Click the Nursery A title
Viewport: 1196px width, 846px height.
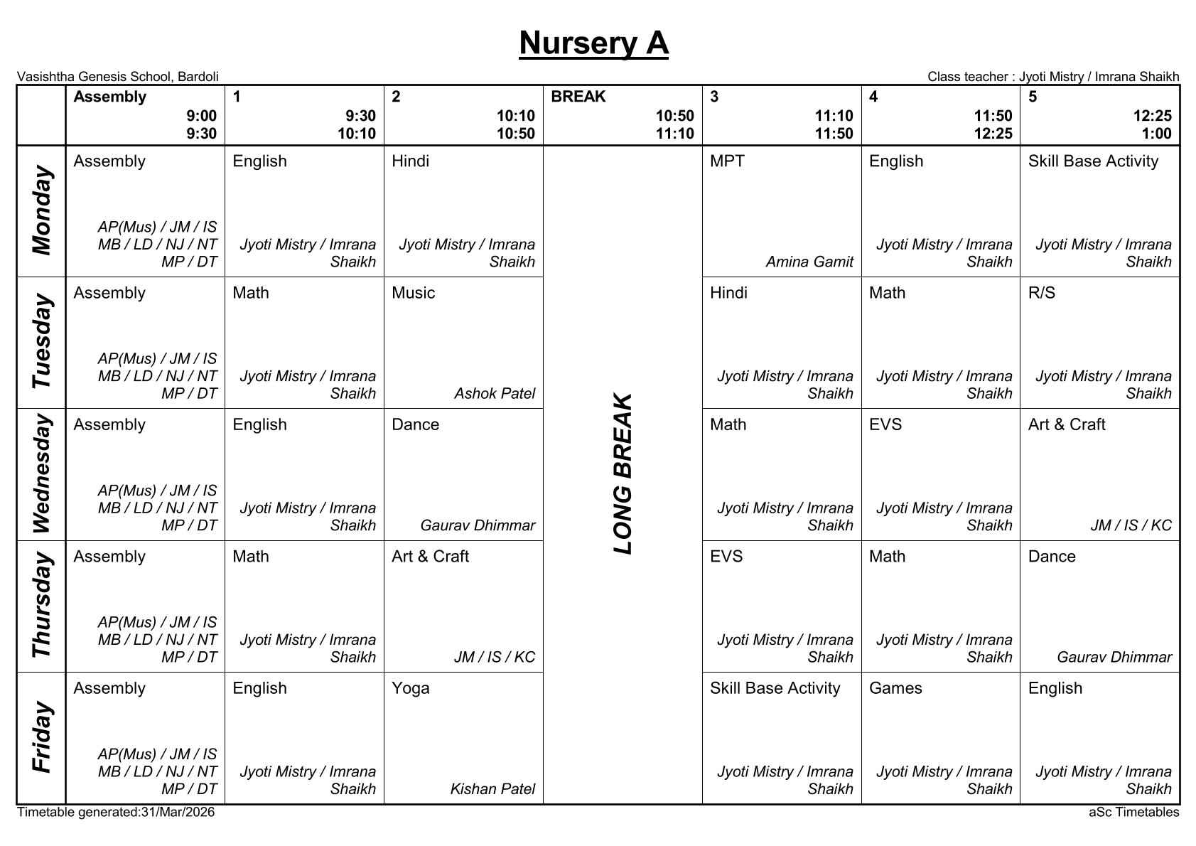pos(593,43)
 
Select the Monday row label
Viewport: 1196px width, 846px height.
pos(41,211)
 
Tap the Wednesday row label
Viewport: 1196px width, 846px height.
pos(41,474)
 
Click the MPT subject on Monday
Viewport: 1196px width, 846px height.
pos(727,161)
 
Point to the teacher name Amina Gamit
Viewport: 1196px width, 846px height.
pos(809,262)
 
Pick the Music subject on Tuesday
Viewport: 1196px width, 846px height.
pos(413,293)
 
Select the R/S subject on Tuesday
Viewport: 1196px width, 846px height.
pos(1041,293)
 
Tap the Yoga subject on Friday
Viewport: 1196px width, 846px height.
pos(410,688)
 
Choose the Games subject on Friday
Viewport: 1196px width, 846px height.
pos(895,688)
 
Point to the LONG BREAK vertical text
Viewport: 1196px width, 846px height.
pos(622,474)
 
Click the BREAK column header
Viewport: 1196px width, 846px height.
pos(578,97)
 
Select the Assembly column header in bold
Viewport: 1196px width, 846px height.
pos(109,97)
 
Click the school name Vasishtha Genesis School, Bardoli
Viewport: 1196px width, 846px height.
pos(117,77)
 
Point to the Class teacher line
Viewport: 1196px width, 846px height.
pos(1052,77)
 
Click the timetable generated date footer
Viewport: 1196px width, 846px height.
pos(115,812)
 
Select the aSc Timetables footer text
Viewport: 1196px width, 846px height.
pos(1133,812)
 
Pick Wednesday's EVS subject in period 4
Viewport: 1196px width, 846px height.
pos(885,424)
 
